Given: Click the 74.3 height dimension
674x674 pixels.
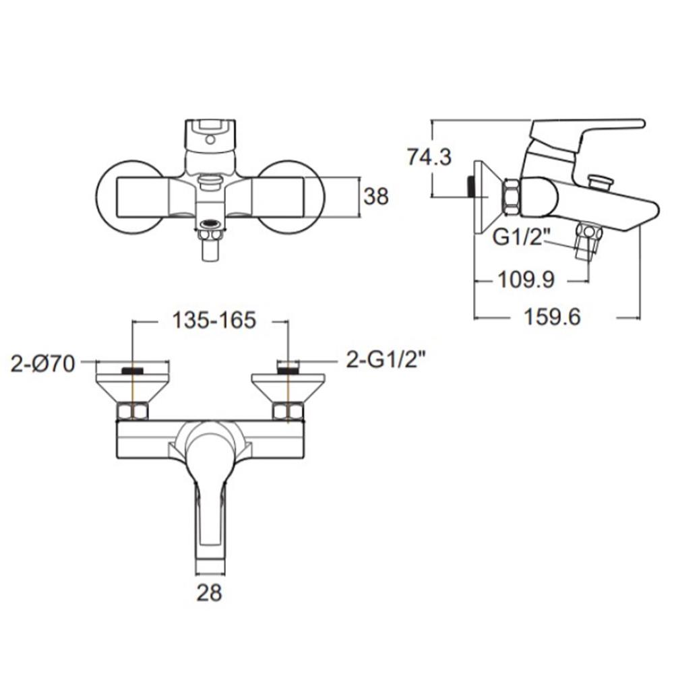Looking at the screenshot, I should click(x=429, y=156).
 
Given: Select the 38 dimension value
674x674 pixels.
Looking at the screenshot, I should click(x=376, y=197).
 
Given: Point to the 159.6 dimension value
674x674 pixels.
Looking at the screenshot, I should click(x=553, y=317).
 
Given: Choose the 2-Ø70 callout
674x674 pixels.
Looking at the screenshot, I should click(x=42, y=364).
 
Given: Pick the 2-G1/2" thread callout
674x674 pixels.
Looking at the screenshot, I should click(x=384, y=360).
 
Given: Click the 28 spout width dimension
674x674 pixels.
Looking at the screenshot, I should click(x=209, y=593).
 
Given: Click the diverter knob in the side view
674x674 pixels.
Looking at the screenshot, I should click(x=600, y=181).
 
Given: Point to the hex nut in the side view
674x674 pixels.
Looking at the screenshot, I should click(x=510, y=197).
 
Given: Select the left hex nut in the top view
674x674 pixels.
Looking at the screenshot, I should click(x=133, y=410).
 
